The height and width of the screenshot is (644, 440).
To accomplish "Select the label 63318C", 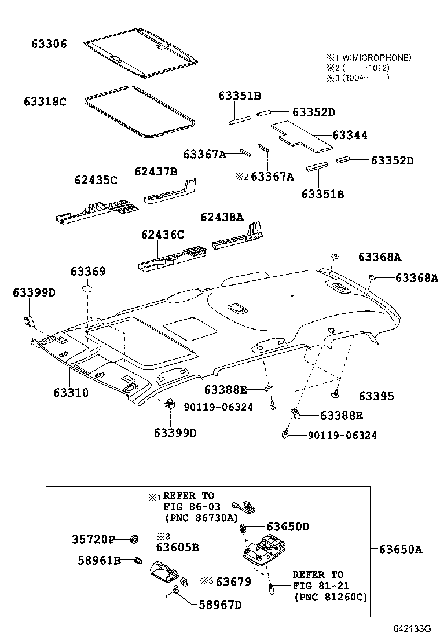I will [45, 102].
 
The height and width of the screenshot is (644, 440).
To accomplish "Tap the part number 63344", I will [350, 135].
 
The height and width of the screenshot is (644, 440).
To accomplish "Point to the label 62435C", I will [96, 180].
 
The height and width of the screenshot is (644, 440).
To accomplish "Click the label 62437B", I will [156, 171].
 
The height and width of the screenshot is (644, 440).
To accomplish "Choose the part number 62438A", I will [222, 217].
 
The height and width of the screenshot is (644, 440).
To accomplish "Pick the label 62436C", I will [163, 235].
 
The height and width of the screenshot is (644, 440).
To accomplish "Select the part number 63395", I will [376, 396].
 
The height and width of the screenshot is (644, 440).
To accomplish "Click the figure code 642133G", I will [413, 629].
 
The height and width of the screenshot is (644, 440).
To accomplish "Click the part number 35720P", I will [93, 540].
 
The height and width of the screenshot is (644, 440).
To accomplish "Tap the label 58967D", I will [219, 605].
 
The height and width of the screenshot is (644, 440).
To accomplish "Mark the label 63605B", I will [177, 547].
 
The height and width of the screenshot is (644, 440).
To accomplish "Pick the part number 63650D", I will [288, 526].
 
